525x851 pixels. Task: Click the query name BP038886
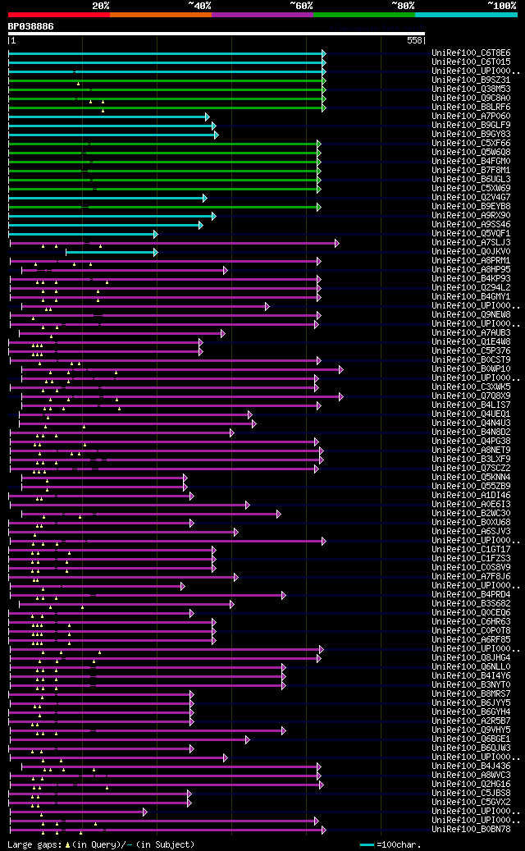pos(31,26)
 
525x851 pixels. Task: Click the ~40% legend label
pos(199,5)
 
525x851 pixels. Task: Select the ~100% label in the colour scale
pos(501,5)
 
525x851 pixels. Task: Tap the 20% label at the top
pos(100,5)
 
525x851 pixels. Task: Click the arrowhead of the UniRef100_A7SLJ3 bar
pos(336,243)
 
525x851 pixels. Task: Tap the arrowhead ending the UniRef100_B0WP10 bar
pos(340,369)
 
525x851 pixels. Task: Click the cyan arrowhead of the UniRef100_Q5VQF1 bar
pos(155,234)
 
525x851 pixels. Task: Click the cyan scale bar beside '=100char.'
pos(367,844)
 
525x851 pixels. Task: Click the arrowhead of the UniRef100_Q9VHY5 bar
pos(284,730)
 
